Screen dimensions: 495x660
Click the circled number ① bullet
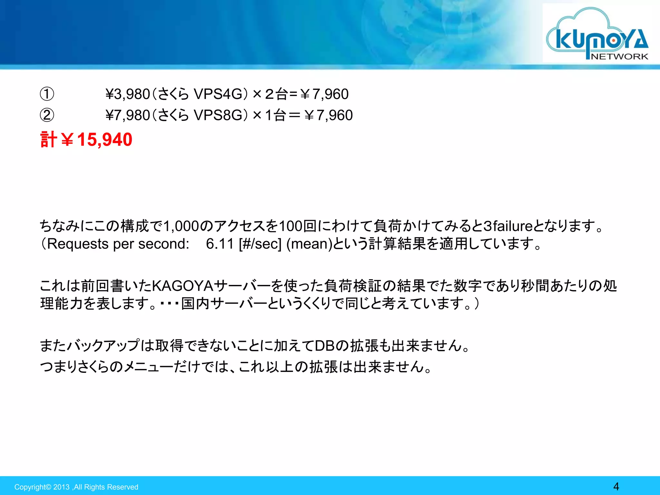(x=47, y=94)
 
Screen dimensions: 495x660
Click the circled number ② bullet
(x=47, y=115)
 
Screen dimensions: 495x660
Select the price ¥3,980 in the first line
(x=128, y=94)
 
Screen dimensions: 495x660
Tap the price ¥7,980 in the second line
(x=128, y=115)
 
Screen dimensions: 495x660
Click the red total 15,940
(x=105, y=140)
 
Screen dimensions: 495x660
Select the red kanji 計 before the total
(x=49, y=140)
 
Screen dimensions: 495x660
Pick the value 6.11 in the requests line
(x=220, y=244)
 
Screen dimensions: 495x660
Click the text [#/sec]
(x=260, y=244)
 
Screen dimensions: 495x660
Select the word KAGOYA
(x=182, y=286)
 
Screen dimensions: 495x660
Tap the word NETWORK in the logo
(x=619, y=56)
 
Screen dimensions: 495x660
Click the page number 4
(x=616, y=486)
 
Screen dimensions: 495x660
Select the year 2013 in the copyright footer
(x=61, y=487)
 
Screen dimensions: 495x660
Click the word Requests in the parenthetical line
(x=78, y=244)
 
